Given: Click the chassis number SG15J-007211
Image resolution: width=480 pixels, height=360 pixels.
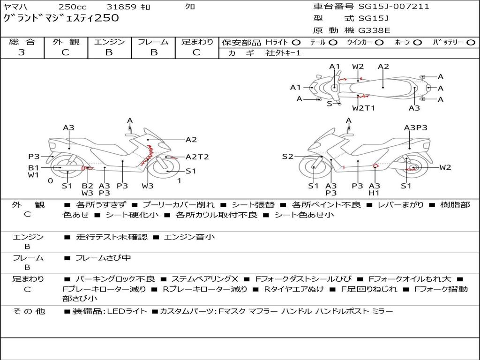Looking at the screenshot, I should point(394,7).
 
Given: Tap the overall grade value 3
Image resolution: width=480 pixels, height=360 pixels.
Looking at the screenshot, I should point(22,52).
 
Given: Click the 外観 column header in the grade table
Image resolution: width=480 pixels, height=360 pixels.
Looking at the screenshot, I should point(66,42).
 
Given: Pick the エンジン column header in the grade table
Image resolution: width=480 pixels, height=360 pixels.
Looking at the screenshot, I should point(109,42).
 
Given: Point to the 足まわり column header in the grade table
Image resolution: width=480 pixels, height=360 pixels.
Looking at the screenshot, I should point(197,42).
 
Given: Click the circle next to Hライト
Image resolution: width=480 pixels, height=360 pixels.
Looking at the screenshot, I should point(296,43).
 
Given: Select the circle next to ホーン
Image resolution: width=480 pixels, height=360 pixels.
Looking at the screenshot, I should point(418,43).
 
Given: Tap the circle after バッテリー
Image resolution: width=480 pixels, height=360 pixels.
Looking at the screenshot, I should point(471,43).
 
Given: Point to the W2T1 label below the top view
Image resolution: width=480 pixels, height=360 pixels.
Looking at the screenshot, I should point(363,108).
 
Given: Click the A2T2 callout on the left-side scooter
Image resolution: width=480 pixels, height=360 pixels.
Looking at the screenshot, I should point(197,157).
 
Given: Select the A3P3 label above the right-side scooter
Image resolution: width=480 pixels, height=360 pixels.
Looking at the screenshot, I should point(416,127).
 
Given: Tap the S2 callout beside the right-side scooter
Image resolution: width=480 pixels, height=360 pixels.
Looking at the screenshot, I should point(287,157).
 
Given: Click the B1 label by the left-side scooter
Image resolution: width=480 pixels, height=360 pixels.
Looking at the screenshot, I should point(33,167).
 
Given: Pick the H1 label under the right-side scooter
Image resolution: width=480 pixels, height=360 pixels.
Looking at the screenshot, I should point(374,193).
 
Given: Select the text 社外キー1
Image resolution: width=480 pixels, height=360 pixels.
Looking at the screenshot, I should point(283,53).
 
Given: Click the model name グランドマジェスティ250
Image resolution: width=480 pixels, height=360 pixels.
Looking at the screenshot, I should point(61,18).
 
